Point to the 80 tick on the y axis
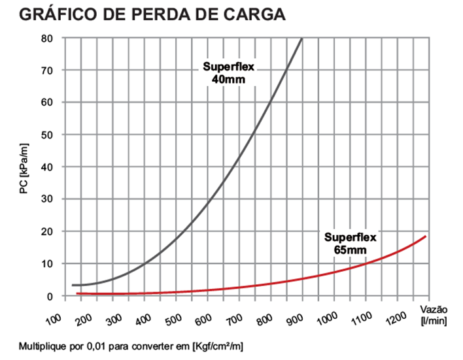coord(47,38)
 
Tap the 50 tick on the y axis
coord(47,135)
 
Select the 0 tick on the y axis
coord(49,296)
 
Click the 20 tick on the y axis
coord(47,231)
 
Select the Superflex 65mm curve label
coord(350,242)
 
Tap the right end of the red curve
coord(426,237)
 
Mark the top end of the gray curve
coord(301,39)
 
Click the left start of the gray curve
coord(73,285)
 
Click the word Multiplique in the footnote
coord(40,344)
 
